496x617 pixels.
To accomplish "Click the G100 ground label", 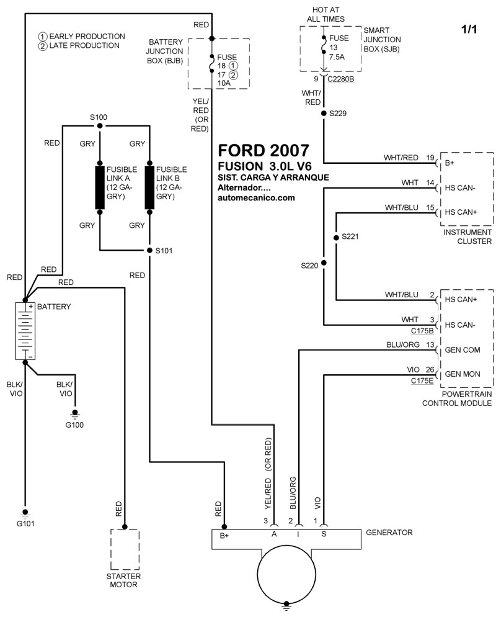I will point(76,425).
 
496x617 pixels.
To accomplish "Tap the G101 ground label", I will point(25,523).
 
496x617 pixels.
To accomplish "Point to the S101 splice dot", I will point(149,251).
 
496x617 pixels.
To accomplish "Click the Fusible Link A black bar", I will point(100,187).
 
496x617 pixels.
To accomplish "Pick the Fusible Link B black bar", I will point(149,187).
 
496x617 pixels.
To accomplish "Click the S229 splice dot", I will point(323,114).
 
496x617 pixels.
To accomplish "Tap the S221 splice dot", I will point(335,237).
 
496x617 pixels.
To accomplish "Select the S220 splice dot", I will point(323,263).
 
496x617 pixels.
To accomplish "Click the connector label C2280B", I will point(342,79).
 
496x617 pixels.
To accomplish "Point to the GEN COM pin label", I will point(463,350).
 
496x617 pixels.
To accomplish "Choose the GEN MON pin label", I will point(463,375).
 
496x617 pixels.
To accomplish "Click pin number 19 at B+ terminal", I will point(430,158).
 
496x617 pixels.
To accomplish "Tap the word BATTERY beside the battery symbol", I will point(55,307).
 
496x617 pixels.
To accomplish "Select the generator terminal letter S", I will point(324,533).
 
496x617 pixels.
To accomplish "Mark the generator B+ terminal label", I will point(224,534).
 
